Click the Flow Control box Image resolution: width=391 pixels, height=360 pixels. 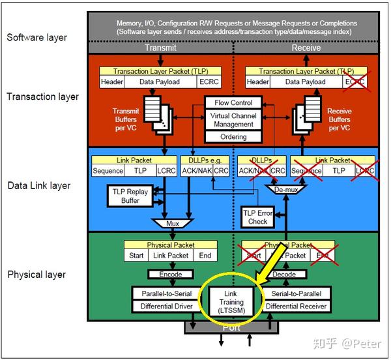[233, 102]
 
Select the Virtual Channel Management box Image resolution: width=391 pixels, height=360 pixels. [233, 119]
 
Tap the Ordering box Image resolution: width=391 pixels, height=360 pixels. [233, 137]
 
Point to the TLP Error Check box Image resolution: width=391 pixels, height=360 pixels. [257, 217]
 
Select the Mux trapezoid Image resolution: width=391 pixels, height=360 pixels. [172, 223]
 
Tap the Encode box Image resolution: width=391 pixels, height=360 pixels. [170, 275]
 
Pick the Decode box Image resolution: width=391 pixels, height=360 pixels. [284, 275]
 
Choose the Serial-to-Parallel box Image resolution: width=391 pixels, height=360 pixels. [297, 293]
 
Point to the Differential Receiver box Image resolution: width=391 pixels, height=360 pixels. [297, 306]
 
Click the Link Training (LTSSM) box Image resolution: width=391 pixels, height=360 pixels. [231, 302]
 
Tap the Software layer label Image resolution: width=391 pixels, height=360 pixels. [38, 37]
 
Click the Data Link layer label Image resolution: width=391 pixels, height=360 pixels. [39, 186]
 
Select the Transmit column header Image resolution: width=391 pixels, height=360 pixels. [160, 48]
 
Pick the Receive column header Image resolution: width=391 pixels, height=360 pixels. [306, 48]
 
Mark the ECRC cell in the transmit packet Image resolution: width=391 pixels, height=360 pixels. [209, 82]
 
